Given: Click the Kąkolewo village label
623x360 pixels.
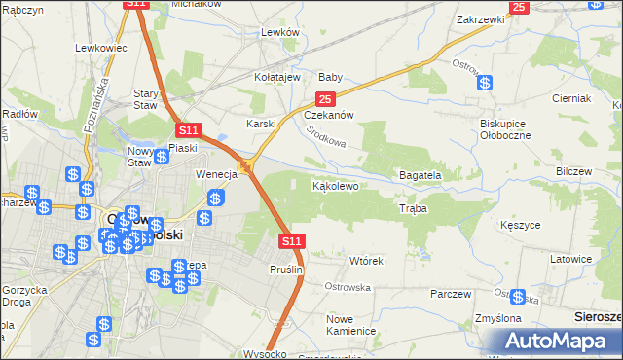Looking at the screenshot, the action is [x=337, y=185].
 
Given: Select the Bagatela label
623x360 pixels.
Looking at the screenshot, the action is [x=421, y=175].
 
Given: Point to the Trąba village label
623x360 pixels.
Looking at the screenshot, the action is [x=413, y=208].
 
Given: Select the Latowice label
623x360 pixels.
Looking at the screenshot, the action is [x=571, y=260].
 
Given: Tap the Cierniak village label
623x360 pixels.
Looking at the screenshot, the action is [x=571, y=99].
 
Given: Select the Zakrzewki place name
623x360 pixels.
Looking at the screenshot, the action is [x=481, y=18].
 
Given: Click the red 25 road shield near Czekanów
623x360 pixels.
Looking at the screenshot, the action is [x=325, y=99].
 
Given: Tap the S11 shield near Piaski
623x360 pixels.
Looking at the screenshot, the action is [x=189, y=129].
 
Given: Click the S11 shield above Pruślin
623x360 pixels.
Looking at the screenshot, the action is [x=291, y=240].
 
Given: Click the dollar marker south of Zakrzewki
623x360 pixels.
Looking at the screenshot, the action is [x=484, y=83].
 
